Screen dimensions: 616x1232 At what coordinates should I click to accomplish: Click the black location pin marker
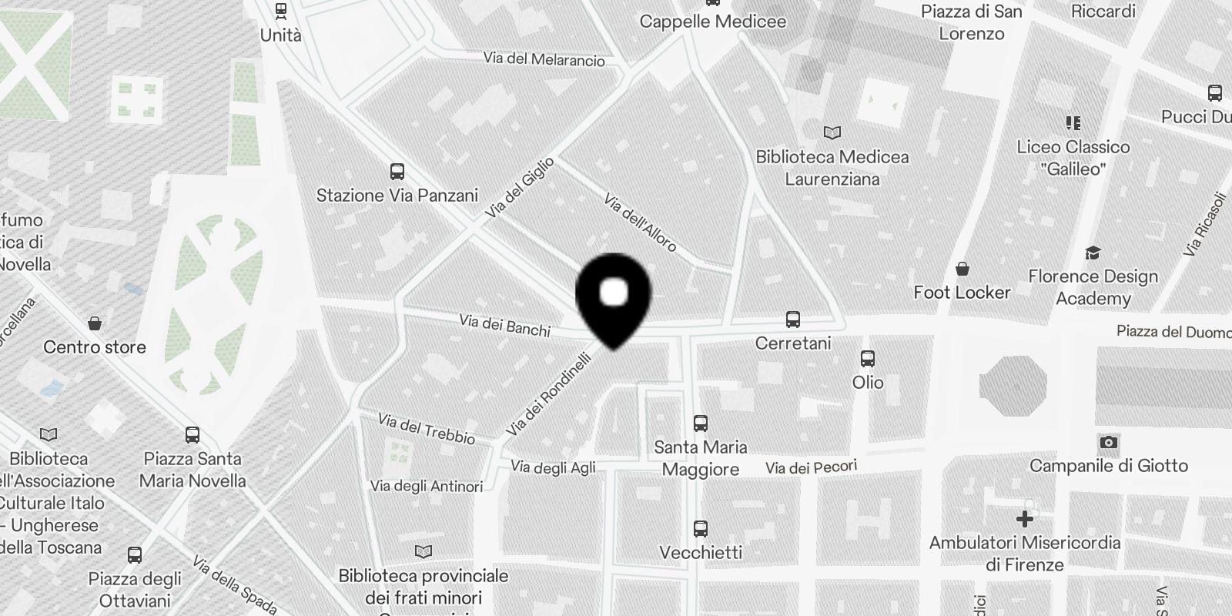614,297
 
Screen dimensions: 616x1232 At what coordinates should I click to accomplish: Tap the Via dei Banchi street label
504,325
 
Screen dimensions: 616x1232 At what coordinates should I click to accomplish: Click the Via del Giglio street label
520,188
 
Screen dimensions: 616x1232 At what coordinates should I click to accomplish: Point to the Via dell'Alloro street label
640,223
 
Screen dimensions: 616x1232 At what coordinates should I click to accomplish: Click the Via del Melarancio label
544,59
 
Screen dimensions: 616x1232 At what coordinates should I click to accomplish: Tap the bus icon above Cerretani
792,319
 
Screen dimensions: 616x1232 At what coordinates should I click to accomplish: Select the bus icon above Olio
868,359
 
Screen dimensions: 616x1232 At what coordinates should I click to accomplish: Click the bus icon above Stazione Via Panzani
397,172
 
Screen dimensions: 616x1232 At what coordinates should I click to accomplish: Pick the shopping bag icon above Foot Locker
962,269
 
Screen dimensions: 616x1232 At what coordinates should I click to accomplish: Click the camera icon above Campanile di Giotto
1108,442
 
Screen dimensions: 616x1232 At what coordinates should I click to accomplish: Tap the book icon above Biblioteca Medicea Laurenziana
832,132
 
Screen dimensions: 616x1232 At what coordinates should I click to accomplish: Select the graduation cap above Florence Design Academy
1093,253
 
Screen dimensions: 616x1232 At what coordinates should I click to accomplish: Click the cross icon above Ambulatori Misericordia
1024,519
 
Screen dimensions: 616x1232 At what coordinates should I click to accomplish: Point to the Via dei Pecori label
811,467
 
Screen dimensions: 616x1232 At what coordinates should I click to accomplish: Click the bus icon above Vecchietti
701,529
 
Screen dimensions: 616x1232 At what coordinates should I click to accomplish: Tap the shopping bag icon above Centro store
95,323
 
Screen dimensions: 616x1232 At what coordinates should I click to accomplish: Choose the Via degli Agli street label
553,467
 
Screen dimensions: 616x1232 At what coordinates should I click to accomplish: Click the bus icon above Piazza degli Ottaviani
135,554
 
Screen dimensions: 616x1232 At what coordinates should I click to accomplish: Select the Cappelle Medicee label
713,22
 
